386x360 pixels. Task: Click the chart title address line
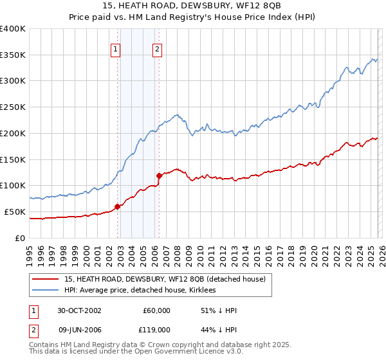point(192,5)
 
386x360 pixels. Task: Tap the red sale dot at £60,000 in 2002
point(118,206)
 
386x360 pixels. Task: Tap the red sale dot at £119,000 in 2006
point(159,175)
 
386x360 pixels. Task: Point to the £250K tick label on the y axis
point(13,107)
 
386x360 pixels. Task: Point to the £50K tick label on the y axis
point(15,212)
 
